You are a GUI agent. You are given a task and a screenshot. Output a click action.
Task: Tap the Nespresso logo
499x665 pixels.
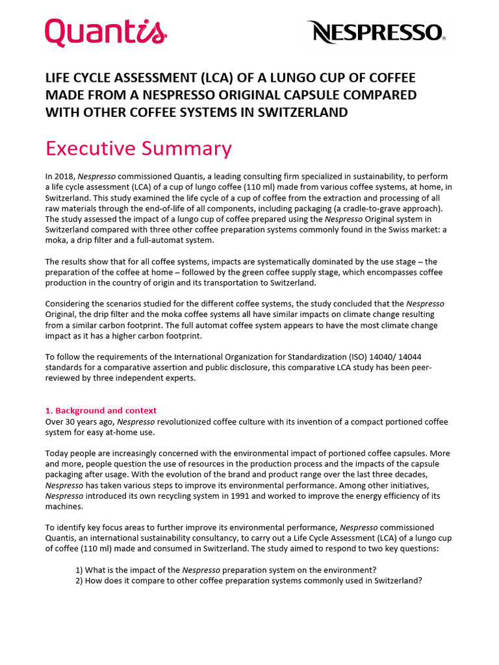click(376, 31)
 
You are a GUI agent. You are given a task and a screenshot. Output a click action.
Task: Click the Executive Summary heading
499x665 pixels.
click(138, 149)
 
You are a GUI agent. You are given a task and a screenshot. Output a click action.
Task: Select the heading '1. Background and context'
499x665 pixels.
click(101, 410)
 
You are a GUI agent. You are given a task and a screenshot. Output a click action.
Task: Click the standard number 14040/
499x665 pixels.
click(366, 358)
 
